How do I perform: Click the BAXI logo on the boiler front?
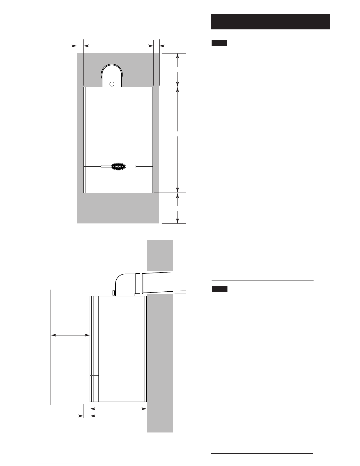pos(118,166)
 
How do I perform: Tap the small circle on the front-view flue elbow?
pos(112,84)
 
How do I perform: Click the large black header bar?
pos(271,22)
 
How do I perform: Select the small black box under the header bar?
pos(219,43)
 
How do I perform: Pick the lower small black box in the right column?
pos(220,289)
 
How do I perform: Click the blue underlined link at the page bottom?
pos(58,463)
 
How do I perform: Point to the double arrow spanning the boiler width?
pos(118,46)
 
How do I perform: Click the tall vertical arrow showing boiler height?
pos(178,140)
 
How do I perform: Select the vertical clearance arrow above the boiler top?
pos(178,70)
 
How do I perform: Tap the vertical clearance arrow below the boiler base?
pos(178,208)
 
